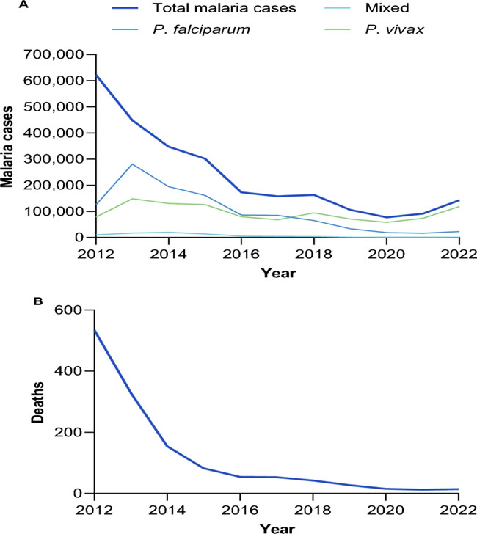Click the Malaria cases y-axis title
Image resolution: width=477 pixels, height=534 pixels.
tap(10, 145)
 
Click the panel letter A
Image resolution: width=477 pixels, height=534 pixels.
tap(8, 5)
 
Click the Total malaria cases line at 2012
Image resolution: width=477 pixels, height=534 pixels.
tap(96, 76)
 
